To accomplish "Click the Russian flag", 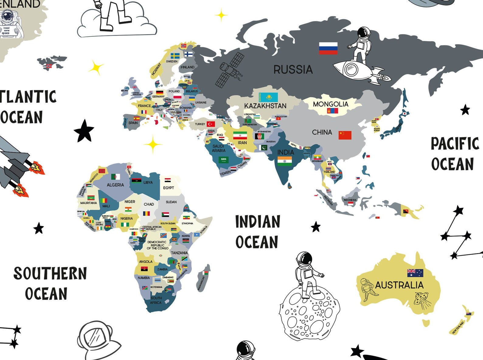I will tap(328, 48).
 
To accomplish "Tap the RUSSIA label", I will tap(293, 70).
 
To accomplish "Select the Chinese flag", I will tap(345, 135).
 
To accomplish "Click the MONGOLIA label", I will tap(330, 104).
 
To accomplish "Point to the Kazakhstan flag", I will tap(268, 97).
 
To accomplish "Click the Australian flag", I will tap(415, 273).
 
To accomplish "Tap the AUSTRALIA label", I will tap(399, 285).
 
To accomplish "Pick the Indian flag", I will tap(284, 161).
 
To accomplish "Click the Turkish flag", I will tap(211, 124).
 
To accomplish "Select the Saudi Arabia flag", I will tap(224, 159).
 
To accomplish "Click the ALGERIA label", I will tap(115, 185).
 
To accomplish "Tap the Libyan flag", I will tap(136, 181).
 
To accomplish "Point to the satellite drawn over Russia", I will tap(230, 69).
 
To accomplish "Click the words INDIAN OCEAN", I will tap(257, 231).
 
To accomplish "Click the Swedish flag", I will tap(175, 56).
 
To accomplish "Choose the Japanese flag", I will tap(405, 113).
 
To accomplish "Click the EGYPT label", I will tap(168, 188).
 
